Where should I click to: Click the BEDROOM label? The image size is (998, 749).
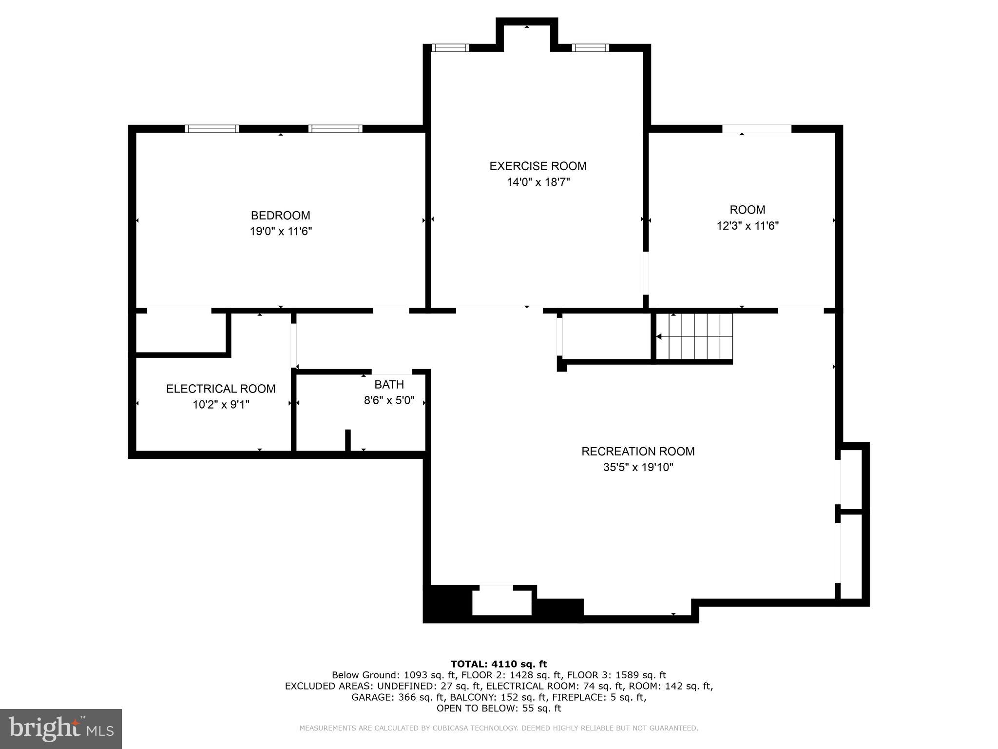click(x=280, y=215)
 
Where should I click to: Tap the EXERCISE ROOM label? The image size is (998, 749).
click(x=537, y=166)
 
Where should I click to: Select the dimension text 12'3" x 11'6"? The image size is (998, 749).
click(x=747, y=226)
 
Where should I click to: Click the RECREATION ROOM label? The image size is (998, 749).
click(x=637, y=451)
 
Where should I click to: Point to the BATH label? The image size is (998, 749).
click(x=389, y=384)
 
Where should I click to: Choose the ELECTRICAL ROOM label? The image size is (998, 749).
click(x=221, y=389)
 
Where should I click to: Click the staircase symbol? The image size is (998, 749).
click(x=694, y=336)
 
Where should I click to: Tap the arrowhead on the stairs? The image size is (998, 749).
click(x=659, y=336)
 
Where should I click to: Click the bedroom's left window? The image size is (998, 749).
click(x=211, y=129)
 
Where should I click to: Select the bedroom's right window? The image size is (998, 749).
click(x=335, y=129)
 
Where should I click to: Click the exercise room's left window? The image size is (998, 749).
click(x=450, y=48)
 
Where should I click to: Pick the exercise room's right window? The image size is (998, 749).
click(x=590, y=48)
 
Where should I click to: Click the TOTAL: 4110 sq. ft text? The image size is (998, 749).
click(x=499, y=664)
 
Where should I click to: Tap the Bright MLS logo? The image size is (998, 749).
click(x=61, y=729)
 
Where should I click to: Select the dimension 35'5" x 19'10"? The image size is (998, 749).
click(x=638, y=467)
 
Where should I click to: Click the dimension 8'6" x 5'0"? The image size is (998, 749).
click(x=389, y=400)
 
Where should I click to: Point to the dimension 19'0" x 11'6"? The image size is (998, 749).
click(x=280, y=231)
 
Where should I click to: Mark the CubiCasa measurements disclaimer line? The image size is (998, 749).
click(x=499, y=728)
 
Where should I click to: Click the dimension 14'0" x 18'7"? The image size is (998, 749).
click(x=537, y=182)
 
